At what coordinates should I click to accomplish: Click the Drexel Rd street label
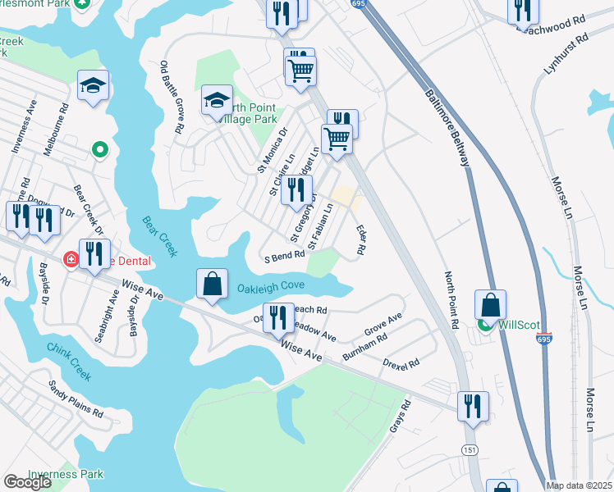pyautogui.click(x=402, y=362)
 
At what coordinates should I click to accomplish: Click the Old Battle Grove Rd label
pyautogui.click(x=171, y=98)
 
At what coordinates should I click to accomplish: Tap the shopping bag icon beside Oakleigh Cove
pyautogui.click(x=213, y=285)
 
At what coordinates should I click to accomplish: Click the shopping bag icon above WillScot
pyautogui.click(x=490, y=304)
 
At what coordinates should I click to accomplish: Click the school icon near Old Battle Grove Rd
pyautogui.click(x=217, y=102)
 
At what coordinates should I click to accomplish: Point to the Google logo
pyautogui.click(x=27, y=482)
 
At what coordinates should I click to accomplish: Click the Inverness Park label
pyautogui.click(x=66, y=474)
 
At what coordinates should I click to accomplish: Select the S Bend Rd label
pyautogui.click(x=284, y=256)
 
